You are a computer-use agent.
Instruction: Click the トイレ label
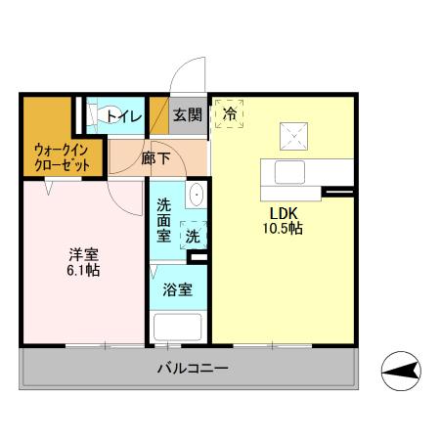click(124, 116)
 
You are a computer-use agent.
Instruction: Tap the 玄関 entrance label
click(188, 114)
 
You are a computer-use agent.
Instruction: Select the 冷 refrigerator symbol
click(230, 113)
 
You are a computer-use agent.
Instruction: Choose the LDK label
click(284, 212)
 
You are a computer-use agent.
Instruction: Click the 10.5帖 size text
click(285, 229)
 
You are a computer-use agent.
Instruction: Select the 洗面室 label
click(165, 223)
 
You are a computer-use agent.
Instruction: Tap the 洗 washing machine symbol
click(193, 235)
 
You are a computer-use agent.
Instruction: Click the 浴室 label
click(177, 290)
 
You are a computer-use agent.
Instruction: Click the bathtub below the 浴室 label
click(177, 326)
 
